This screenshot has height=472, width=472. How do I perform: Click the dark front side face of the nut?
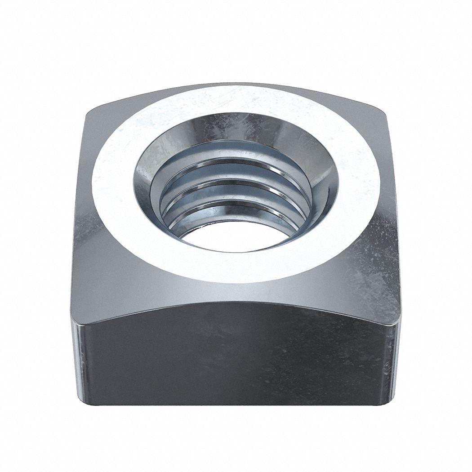click(234, 355)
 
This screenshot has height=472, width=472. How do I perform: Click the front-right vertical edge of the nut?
click(395, 360)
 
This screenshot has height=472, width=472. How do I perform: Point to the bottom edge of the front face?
click(234, 405)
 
